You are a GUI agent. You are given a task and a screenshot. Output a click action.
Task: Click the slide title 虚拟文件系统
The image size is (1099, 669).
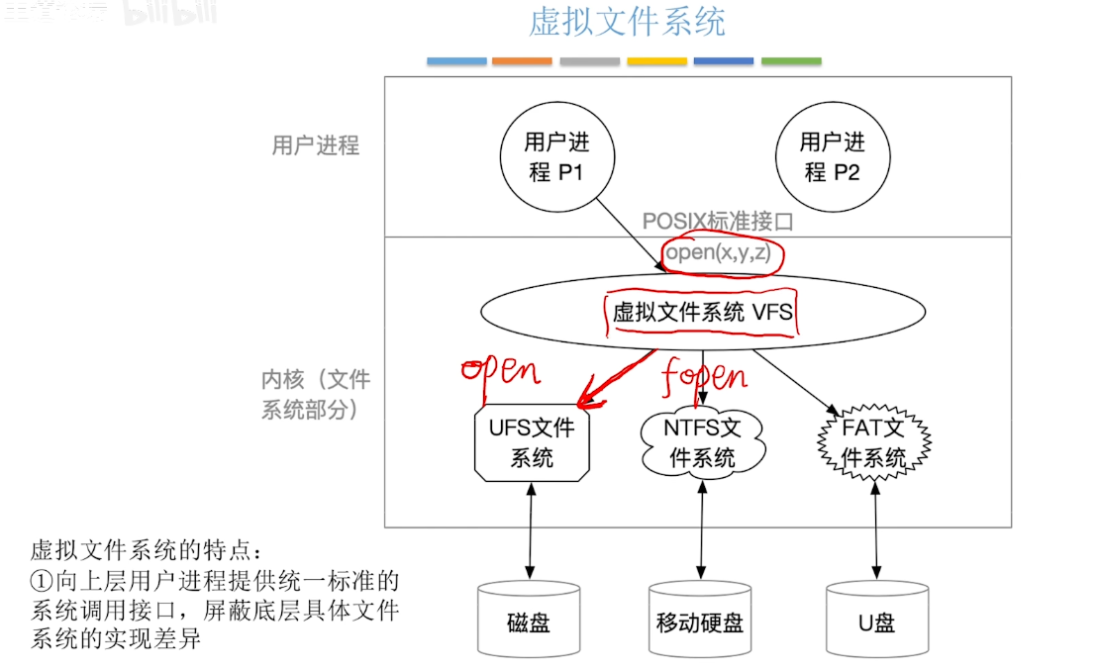627,22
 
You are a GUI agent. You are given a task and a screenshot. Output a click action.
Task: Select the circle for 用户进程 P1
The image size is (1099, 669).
556,157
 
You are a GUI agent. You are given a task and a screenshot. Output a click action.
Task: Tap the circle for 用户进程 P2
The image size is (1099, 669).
832,157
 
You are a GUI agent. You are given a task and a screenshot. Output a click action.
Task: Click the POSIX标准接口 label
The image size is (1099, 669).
718,222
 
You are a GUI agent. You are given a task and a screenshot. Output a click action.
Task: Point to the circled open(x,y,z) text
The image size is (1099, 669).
718,254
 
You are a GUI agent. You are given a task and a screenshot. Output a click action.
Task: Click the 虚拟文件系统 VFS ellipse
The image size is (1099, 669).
702,313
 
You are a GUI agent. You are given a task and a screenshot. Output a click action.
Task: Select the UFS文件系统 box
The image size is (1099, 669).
532,442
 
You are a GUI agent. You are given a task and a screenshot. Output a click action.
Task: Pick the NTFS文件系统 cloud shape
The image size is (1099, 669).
702,442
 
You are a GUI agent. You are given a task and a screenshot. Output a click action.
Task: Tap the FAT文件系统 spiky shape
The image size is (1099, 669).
873,442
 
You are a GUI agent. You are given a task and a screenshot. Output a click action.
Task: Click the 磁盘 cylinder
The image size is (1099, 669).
529,621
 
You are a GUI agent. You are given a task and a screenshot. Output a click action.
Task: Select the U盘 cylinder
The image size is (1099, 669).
875,621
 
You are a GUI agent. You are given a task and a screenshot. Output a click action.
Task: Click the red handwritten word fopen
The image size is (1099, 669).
705,376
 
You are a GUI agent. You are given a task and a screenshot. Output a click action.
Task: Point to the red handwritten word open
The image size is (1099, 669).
500,370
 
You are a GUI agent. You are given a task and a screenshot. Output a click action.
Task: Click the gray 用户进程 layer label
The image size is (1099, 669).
316,145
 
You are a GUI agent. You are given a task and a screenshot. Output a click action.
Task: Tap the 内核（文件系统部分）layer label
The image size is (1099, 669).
315,394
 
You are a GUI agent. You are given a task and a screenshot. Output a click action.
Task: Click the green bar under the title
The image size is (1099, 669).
791,61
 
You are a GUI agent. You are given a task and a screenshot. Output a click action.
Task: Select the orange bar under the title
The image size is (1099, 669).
522,61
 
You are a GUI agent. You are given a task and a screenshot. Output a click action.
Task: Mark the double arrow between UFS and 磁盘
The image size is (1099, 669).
532,531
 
